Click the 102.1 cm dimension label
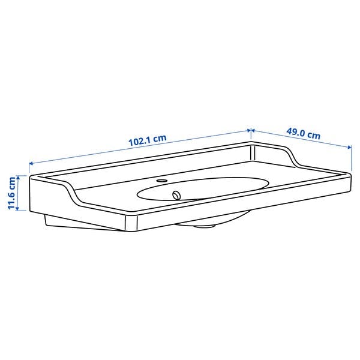click(x=147, y=141)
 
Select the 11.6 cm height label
click(x=11, y=193)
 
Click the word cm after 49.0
click(x=313, y=136)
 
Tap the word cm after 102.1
click(x=158, y=139)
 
